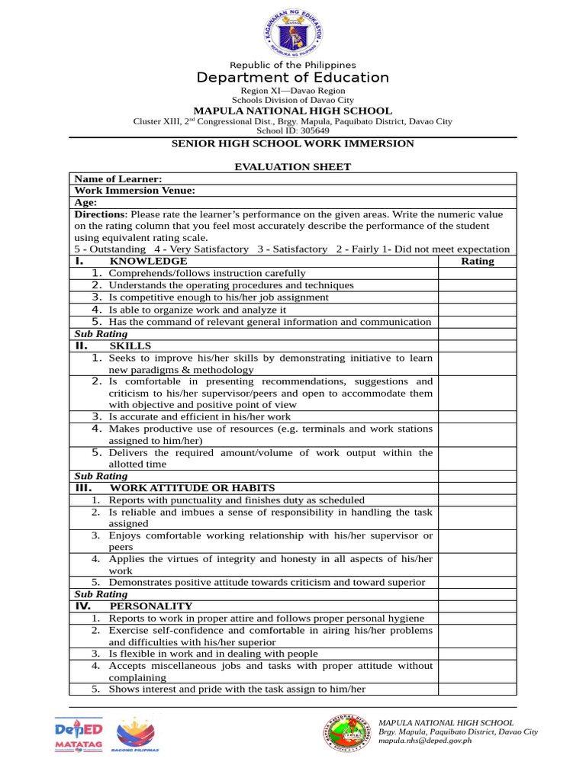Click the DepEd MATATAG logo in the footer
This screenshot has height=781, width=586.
[x=79, y=736]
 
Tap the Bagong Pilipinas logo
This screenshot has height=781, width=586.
[x=137, y=736]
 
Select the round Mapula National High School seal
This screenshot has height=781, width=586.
[x=349, y=734]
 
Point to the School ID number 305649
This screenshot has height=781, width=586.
[x=313, y=130]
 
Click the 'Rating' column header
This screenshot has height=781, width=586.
[x=478, y=261]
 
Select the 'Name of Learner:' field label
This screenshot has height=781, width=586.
[x=118, y=178]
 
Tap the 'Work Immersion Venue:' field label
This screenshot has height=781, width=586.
[x=134, y=191]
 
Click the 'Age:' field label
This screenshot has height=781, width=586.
[x=85, y=203]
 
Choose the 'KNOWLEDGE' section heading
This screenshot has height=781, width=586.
[x=148, y=261]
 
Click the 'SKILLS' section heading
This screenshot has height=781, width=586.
[x=137, y=346]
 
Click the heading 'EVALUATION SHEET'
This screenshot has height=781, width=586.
[x=292, y=166]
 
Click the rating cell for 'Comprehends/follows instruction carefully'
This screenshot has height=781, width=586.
[x=477, y=273]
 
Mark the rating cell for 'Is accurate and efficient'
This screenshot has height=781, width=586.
[x=477, y=416]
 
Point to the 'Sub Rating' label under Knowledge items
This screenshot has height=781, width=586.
[x=101, y=334]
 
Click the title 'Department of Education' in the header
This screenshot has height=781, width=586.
[x=292, y=78]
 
